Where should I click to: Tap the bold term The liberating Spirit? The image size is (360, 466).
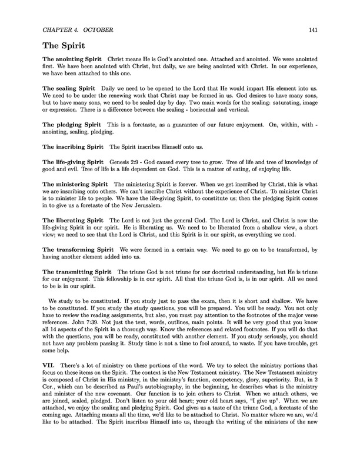click(73, 219)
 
